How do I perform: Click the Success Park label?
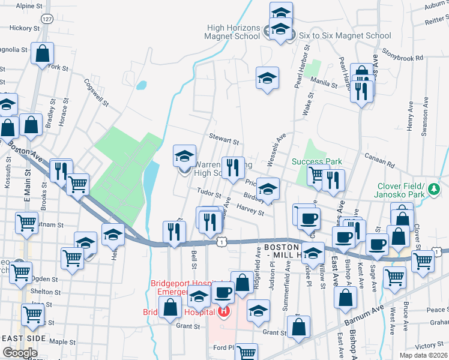(x=316, y=161)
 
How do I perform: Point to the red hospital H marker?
(x=224, y=311)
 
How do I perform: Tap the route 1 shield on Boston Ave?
(x=222, y=241)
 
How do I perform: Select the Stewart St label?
(x=224, y=140)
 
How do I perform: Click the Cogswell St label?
(x=96, y=92)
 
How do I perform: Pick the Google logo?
(x=20, y=353)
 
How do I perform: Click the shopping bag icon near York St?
(x=43, y=53)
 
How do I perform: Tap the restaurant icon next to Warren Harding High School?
(x=232, y=167)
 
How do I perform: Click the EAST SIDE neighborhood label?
(x=24, y=338)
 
